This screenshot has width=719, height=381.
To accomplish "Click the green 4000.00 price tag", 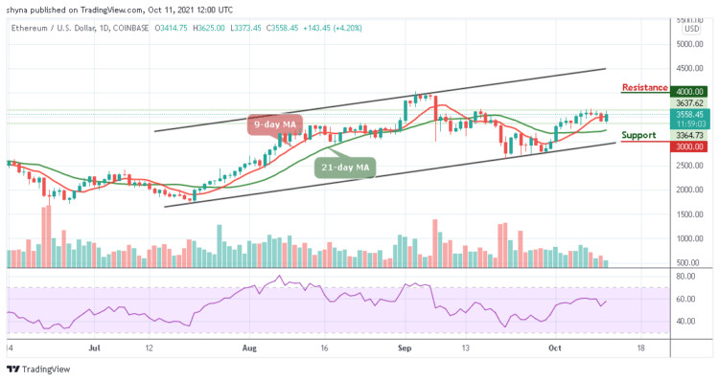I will point(687,92).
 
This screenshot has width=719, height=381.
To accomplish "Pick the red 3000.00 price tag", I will point(687,146).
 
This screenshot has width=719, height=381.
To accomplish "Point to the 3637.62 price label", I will point(687,102).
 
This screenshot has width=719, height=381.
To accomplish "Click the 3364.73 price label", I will point(687,135).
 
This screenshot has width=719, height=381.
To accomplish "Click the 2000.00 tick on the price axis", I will point(687,190).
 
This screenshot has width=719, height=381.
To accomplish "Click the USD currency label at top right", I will point(690,29).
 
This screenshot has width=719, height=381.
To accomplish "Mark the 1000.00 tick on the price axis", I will point(687,239).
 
